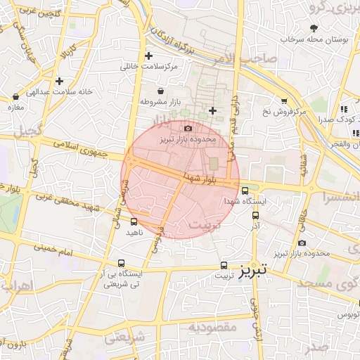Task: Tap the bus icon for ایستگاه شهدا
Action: tap(245, 190)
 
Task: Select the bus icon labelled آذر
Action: tap(255, 216)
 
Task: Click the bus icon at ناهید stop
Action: tap(134, 221)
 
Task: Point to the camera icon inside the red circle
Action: tap(187, 128)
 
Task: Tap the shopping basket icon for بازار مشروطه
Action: tap(161, 91)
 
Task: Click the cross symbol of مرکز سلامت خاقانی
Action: tap(148, 56)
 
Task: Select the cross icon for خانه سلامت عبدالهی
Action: tap(60, 81)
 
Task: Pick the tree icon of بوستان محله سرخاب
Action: tap(313, 30)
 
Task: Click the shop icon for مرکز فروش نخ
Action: tap(284, 101)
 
